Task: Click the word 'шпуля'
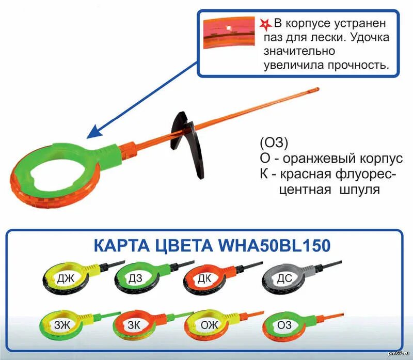pyautogui.click(x=360, y=190)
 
